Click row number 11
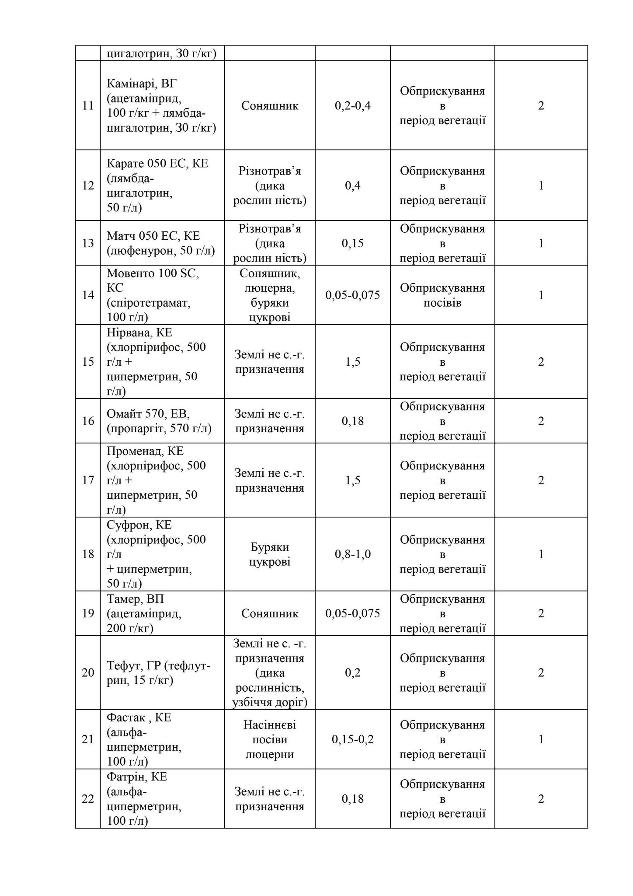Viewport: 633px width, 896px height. [88, 106]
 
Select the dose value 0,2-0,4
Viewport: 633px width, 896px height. [352, 106]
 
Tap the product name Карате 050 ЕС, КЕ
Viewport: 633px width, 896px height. [157, 164]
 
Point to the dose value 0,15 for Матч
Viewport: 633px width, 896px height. [352, 243]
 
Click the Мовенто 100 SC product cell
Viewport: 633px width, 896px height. [153, 295]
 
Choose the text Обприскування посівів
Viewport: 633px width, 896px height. [442, 295]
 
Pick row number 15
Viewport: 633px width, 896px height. [88, 362]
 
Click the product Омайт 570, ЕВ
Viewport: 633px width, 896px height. [148, 414]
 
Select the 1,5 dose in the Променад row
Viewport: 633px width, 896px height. [352, 480]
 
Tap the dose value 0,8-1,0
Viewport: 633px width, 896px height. [352, 554]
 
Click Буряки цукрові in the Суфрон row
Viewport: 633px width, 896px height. [270, 554]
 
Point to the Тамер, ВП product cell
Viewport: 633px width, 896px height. [136, 599]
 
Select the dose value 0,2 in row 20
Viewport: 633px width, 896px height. [352, 672]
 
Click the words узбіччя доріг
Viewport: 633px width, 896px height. [270, 703]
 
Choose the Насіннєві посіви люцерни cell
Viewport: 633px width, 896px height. [270, 739]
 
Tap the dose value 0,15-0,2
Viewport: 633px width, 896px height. [352, 739]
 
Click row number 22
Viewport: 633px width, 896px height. [88, 799]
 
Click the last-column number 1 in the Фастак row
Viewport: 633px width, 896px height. [541, 739]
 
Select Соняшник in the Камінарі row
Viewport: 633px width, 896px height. [270, 106]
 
